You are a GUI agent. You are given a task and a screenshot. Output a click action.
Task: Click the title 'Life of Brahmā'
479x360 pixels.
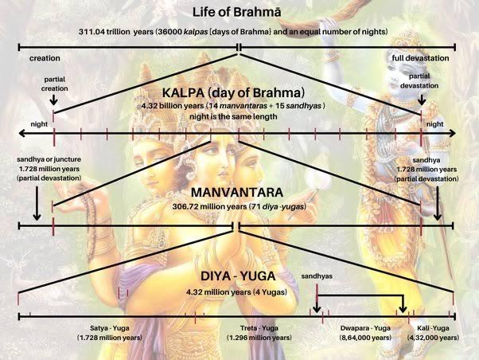point(237,12)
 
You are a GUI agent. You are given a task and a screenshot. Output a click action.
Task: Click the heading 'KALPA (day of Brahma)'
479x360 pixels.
point(233,92)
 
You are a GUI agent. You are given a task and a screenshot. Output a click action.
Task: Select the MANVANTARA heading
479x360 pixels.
point(237,193)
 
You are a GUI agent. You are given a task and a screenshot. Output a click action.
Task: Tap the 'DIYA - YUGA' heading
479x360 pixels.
point(238,276)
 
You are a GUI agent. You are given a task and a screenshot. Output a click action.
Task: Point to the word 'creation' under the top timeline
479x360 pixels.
point(45,58)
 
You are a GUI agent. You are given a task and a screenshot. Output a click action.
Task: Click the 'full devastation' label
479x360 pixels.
point(420,58)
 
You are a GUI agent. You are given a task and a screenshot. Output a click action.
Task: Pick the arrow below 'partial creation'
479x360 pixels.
point(54,100)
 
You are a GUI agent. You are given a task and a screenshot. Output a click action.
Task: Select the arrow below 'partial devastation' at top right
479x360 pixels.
point(422,100)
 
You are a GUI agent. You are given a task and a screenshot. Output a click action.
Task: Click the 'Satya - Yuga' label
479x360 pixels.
point(109,328)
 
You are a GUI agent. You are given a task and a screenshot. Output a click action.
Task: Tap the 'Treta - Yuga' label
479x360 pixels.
point(259,328)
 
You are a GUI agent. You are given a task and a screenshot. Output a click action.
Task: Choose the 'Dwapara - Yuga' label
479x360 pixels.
point(365,328)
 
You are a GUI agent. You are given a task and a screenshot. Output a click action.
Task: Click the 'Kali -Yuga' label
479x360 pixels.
point(433,328)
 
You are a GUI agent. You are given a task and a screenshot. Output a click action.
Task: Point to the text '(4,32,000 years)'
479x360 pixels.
point(433,338)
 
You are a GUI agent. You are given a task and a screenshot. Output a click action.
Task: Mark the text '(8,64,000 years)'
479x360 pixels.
point(365,338)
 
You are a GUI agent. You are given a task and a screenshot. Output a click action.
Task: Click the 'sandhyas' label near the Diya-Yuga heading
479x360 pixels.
point(317,276)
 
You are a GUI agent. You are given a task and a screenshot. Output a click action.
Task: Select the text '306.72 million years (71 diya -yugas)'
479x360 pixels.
point(240,206)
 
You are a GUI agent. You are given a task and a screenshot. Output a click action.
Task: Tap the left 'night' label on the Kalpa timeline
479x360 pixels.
point(39,124)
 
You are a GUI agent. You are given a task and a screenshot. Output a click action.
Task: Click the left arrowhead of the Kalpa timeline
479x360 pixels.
point(21,133)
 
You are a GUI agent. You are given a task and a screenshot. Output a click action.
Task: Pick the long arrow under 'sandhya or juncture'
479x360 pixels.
point(37,203)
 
